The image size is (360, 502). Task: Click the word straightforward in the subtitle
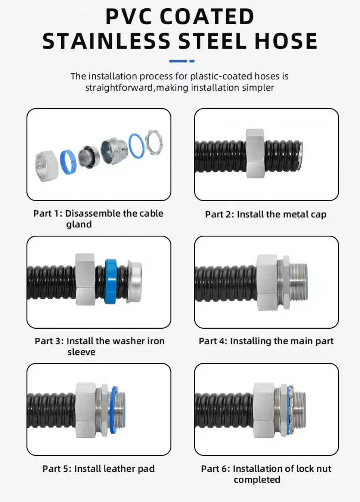click(x=119, y=87)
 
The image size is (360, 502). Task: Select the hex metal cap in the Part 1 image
click(x=46, y=165)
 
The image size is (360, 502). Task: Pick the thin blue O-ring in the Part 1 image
click(x=136, y=145)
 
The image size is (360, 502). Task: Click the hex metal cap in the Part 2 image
click(x=255, y=153)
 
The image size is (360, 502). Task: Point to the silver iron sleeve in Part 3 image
click(x=134, y=282)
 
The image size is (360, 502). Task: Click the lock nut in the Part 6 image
click(x=290, y=409)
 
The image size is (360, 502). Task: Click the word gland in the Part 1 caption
click(x=79, y=225)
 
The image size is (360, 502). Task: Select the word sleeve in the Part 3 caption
click(x=81, y=352)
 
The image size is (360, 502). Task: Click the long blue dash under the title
click(x=178, y=61)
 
